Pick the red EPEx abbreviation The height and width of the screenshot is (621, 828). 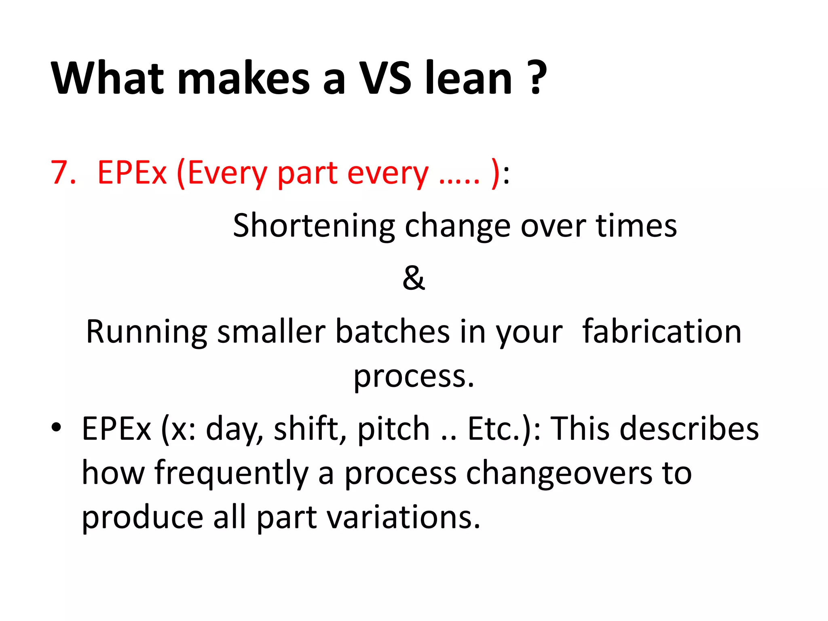pos(132,173)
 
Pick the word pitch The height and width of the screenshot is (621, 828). pos(393,429)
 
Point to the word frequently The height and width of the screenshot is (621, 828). pos(231,473)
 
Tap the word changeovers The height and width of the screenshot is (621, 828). pos(559,473)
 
